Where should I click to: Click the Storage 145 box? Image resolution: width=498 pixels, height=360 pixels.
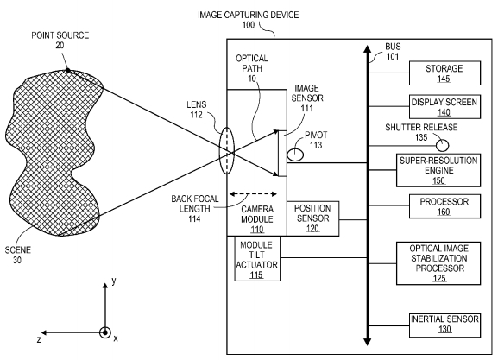[x=444, y=73]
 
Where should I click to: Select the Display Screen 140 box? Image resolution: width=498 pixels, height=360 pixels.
[x=444, y=106]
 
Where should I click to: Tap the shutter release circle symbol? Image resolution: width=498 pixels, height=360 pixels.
[x=442, y=146]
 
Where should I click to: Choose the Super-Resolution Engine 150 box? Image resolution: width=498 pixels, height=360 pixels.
[x=438, y=170]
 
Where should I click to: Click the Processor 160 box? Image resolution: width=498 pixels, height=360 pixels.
[x=444, y=206]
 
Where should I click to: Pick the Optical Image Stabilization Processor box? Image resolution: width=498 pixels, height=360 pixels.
[x=438, y=263]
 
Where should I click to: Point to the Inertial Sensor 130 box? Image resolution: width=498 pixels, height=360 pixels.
[x=444, y=325]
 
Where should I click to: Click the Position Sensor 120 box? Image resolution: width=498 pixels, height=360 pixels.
[x=312, y=218]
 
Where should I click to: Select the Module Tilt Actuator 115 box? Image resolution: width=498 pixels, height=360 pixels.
[x=257, y=259]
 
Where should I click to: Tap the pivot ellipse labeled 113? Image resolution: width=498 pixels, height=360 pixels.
[x=295, y=155]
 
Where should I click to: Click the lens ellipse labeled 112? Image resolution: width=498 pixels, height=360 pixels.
[x=227, y=150]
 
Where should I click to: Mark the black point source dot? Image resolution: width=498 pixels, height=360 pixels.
[x=67, y=70]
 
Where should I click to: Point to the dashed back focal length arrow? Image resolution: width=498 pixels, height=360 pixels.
[x=253, y=194]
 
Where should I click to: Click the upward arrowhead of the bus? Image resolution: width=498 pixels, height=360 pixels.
[x=368, y=49]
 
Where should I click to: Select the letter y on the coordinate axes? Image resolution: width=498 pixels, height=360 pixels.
[x=113, y=281]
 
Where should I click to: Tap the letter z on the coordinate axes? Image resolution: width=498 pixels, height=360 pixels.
[x=39, y=339]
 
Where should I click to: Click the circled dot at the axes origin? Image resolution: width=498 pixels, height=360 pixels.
[x=104, y=332]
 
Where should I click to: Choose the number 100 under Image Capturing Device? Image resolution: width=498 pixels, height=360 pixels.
[x=249, y=25]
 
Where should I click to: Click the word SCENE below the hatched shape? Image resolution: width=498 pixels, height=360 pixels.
[x=18, y=250]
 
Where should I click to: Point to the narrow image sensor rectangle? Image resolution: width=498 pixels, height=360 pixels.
[x=282, y=153]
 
